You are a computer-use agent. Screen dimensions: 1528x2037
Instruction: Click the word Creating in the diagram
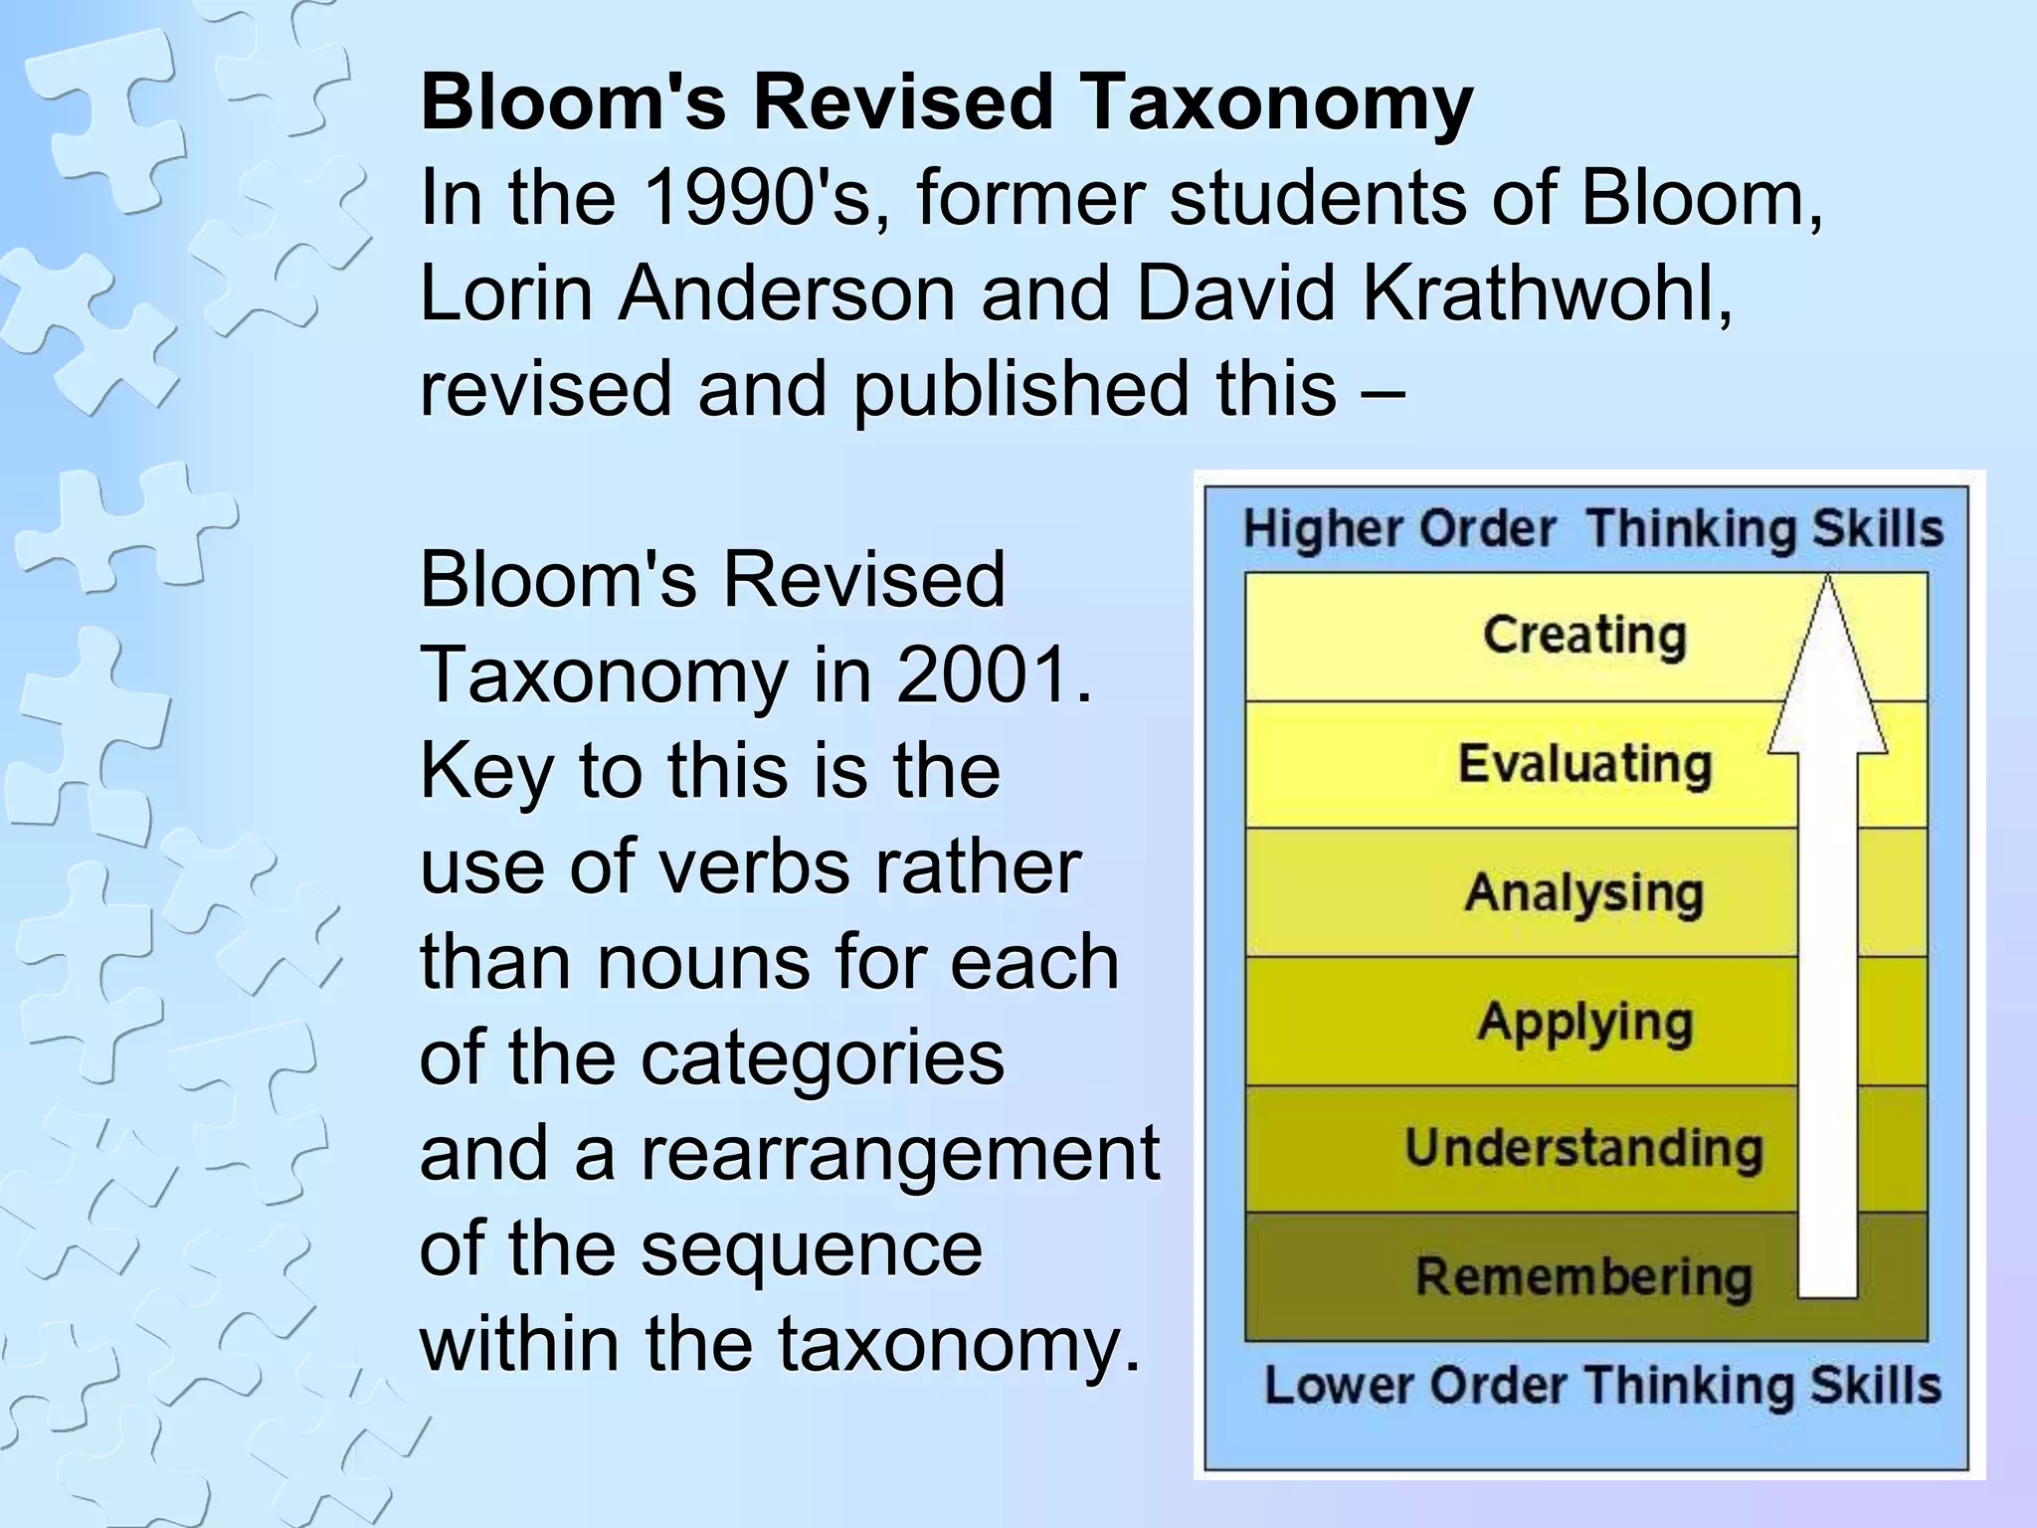(x=1583, y=635)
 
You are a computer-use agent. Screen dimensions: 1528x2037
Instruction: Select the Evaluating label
(x=1584, y=764)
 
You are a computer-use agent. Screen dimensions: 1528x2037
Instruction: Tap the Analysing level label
(x=1583, y=892)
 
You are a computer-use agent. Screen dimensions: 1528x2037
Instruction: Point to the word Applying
(x=1584, y=1022)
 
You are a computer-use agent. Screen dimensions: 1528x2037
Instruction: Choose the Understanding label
(x=1583, y=1148)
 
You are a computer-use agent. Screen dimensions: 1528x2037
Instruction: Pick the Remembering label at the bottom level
(x=1583, y=1276)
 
